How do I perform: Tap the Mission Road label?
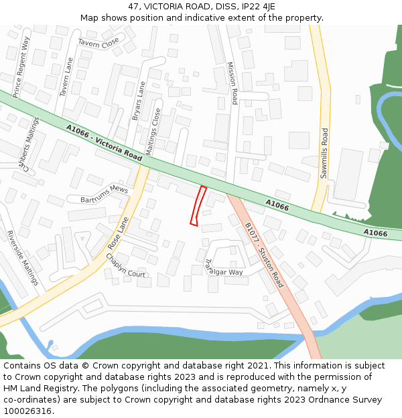tap(232, 84)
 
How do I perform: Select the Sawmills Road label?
tap(324, 153)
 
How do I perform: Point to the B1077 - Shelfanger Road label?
tap(264, 255)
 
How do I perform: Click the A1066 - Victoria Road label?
tap(105, 142)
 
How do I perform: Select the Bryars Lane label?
tap(139, 101)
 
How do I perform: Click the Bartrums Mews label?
tap(104, 195)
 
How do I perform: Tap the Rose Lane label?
tap(118, 233)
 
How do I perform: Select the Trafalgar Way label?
tap(224, 268)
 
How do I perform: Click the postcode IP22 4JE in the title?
tap(257, 7)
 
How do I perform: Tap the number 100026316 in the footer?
tap(27, 411)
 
